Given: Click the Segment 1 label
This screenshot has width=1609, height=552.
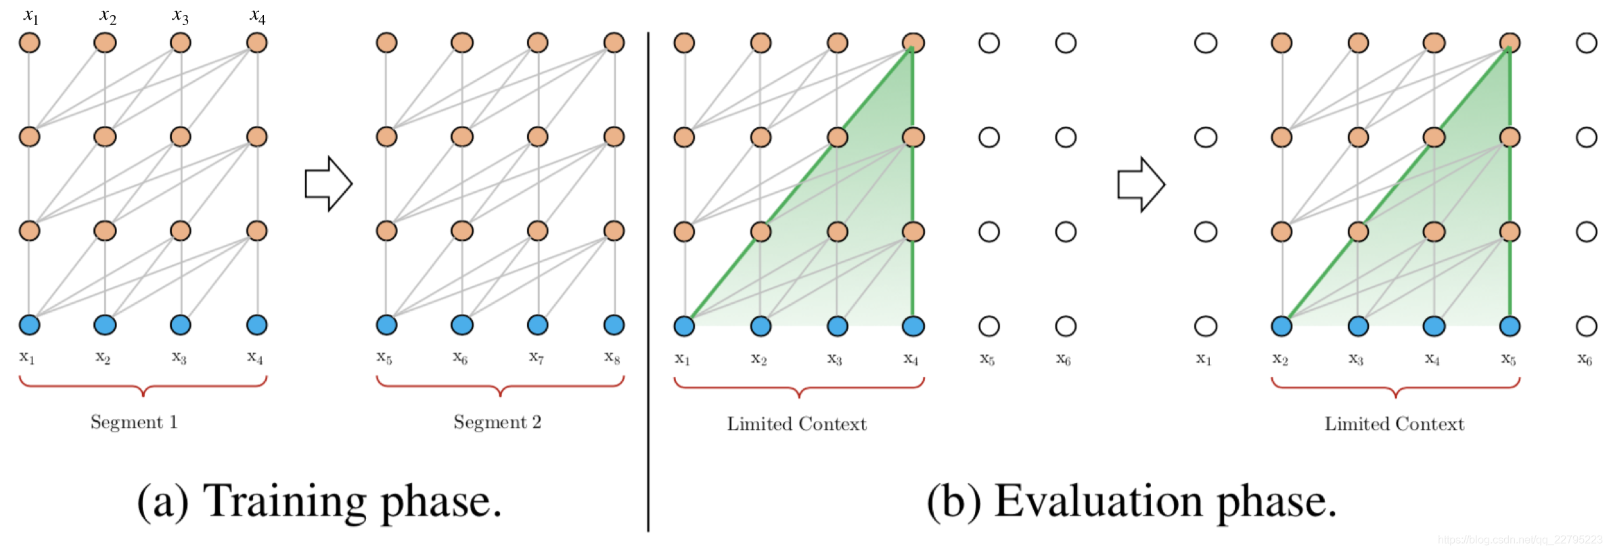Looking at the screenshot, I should click(x=134, y=423).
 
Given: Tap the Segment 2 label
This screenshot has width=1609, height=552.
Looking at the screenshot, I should click(x=497, y=423).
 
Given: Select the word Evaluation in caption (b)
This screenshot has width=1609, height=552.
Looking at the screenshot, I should click(x=1097, y=502).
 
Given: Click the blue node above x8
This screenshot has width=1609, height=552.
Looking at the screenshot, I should click(x=614, y=325).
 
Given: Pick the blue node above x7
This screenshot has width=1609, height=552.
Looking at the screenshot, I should click(x=538, y=325).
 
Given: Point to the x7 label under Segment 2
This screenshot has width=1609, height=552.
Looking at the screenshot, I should click(x=536, y=356).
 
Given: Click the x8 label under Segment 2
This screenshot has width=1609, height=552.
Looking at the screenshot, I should click(x=612, y=356).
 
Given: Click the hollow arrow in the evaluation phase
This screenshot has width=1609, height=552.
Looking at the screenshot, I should click(x=1141, y=184).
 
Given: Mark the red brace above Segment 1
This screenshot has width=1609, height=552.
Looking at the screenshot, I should click(x=143, y=386).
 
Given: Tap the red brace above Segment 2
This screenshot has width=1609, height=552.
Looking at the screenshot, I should click(x=500, y=386).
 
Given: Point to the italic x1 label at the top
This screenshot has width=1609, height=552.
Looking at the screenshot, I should click(x=31, y=16).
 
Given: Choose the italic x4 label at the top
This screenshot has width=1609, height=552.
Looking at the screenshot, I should click(x=257, y=16).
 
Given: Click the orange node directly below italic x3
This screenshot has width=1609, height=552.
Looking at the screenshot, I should click(x=181, y=43).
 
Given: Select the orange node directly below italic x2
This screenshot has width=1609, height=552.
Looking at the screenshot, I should click(x=105, y=43).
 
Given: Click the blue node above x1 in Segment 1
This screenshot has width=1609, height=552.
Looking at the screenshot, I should click(x=30, y=325).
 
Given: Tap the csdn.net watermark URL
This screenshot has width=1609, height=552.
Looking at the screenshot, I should click(x=1519, y=540).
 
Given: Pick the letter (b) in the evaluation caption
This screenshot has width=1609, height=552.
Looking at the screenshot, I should click(x=953, y=502).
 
